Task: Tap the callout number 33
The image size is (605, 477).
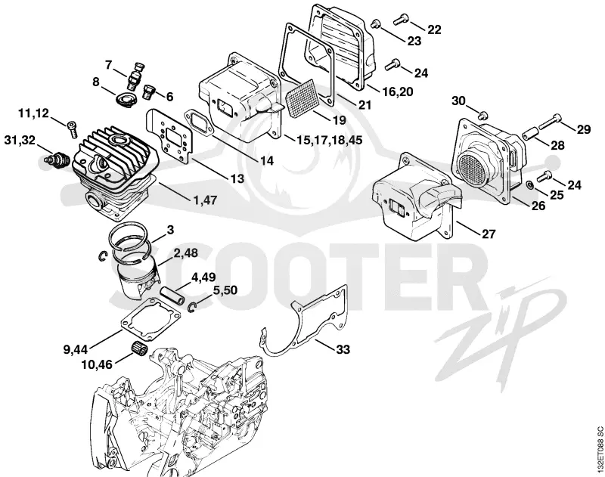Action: [343, 349]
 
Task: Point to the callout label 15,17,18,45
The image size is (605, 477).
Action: [330, 140]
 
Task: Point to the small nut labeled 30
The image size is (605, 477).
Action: [482, 115]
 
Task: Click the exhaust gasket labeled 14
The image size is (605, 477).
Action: [200, 122]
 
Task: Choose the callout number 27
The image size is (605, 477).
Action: [488, 234]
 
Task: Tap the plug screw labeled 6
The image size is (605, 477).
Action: [149, 91]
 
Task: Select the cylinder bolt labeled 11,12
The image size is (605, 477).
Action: [72, 129]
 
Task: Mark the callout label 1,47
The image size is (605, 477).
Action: [204, 200]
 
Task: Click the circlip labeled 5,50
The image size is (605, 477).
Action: [193, 306]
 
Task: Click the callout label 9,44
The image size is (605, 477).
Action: [76, 350]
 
